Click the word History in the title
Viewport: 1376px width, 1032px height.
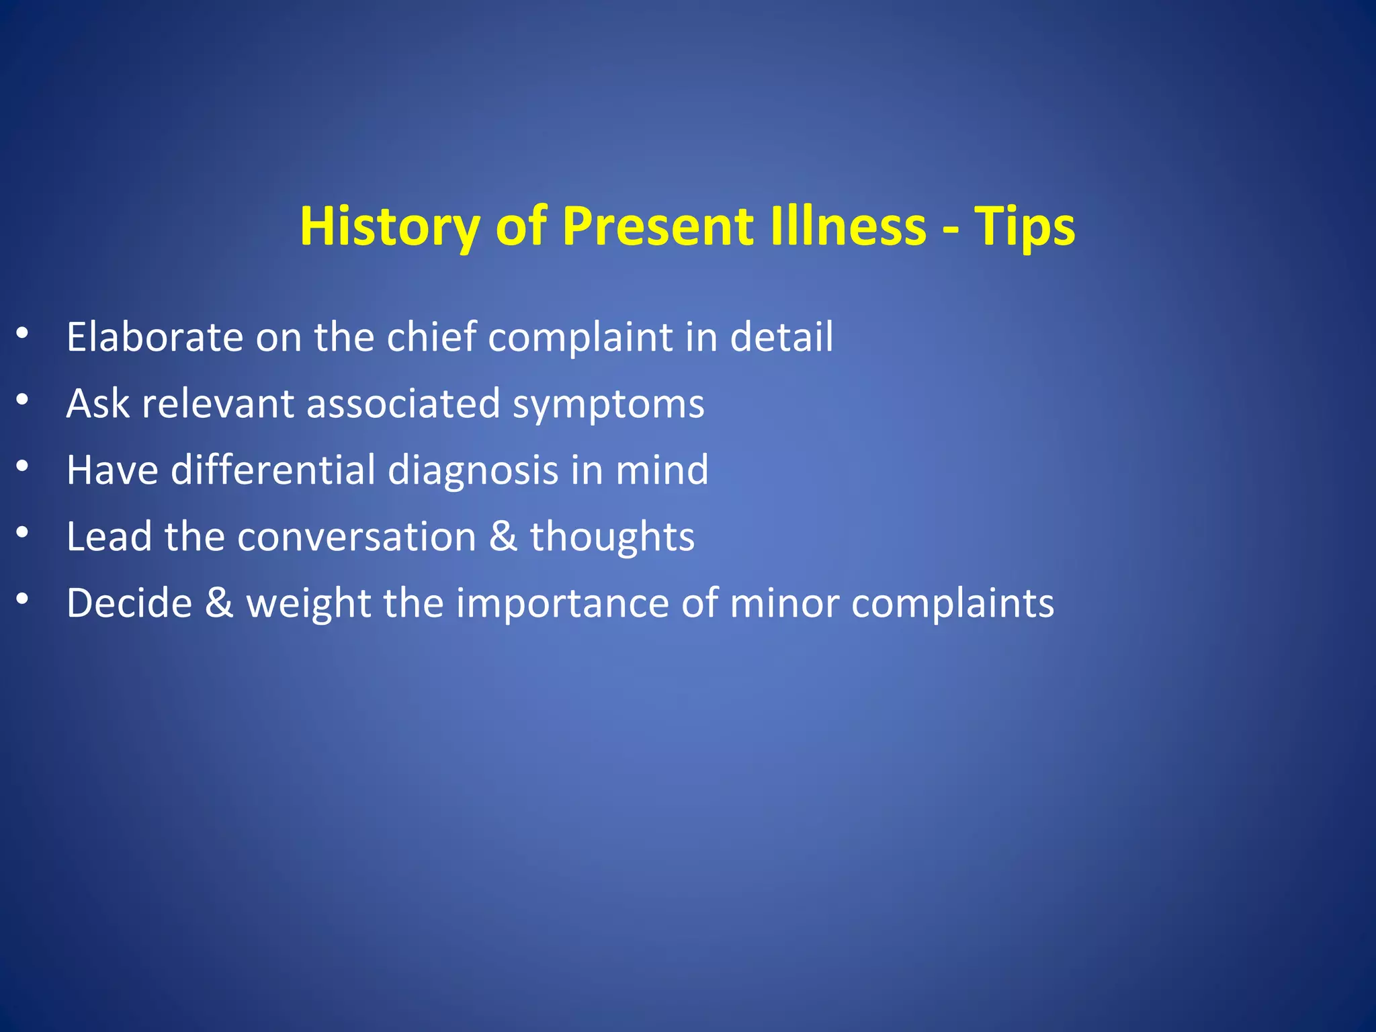[x=390, y=227]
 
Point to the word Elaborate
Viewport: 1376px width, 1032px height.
[x=155, y=337]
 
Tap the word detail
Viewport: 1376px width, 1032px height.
[x=781, y=337]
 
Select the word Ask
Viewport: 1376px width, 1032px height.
[x=98, y=403]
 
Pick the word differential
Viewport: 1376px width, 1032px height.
[x=273, y=470]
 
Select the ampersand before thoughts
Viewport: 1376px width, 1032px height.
[x=503, y=537]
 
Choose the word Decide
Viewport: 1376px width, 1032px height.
[x=129, y=603]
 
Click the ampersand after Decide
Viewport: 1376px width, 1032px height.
[x=219, y=603]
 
